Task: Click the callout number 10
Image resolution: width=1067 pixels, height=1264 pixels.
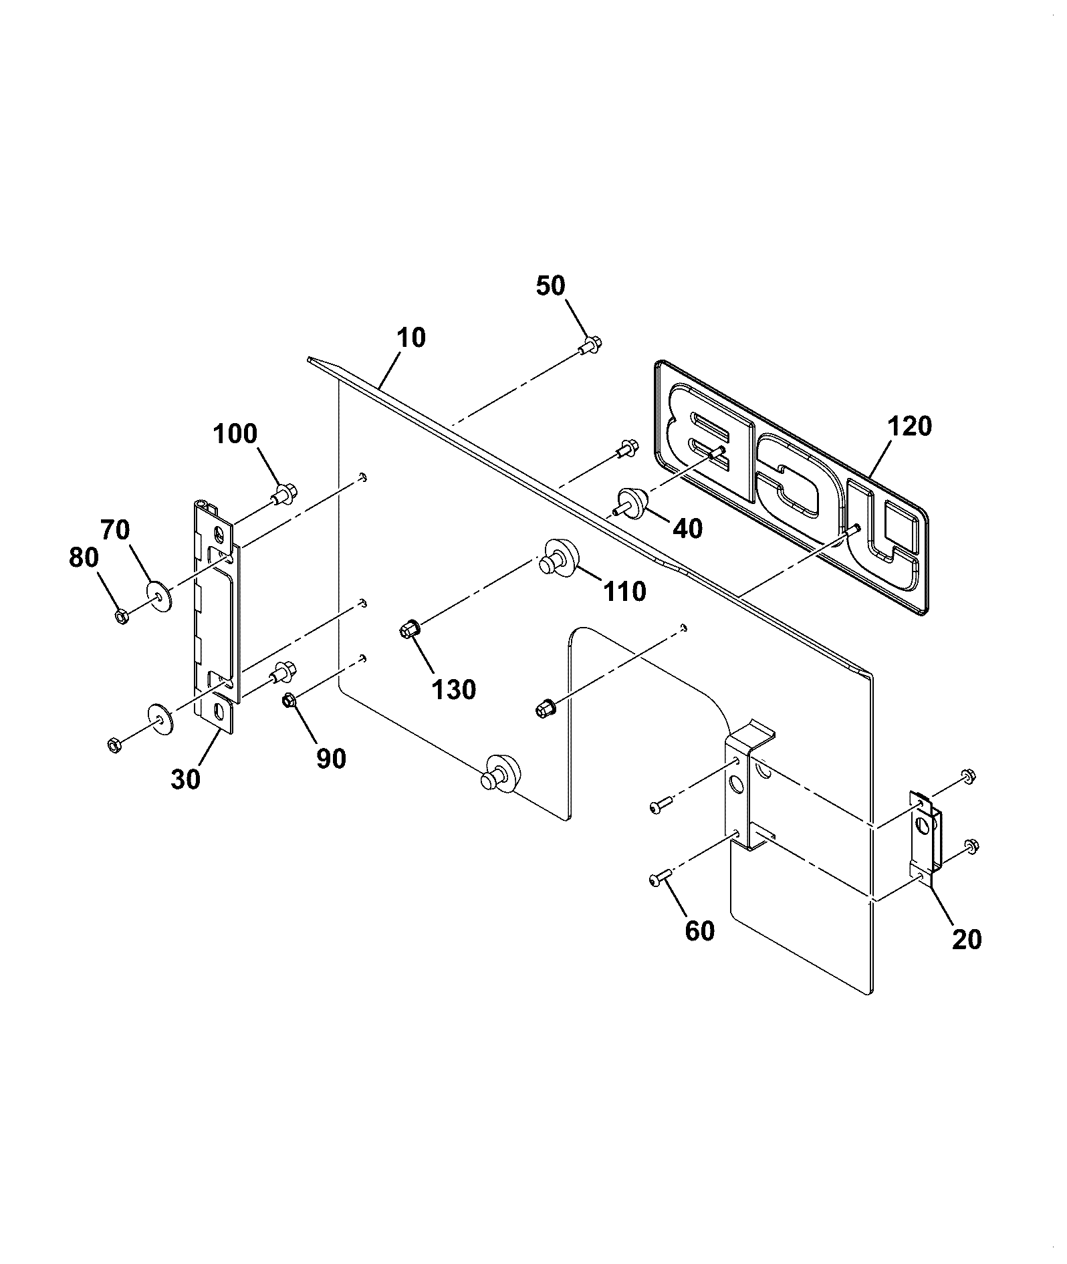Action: tap(411, 338)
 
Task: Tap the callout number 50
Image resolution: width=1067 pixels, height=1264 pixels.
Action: tap(550, 285)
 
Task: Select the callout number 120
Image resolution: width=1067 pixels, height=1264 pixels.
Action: tap(909, 426)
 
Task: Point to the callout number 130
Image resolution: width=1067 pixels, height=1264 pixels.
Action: tap(454, 689)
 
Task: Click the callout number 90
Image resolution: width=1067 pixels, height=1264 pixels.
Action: tap(332, 759)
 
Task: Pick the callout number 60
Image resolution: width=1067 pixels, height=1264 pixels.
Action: tap(699, 930)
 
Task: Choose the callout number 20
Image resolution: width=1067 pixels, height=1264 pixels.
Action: tap(966, 939)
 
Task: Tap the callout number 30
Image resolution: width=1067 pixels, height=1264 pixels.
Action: tap(185, 779)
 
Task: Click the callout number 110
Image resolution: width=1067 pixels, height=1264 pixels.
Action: tap(624, 591)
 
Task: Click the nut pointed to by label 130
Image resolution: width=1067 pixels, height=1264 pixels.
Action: tap(408, 628)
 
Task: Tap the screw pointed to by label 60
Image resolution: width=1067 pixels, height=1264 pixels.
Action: tap(659, 880)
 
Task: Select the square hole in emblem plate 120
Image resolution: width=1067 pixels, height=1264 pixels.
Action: tap(899, 521)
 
